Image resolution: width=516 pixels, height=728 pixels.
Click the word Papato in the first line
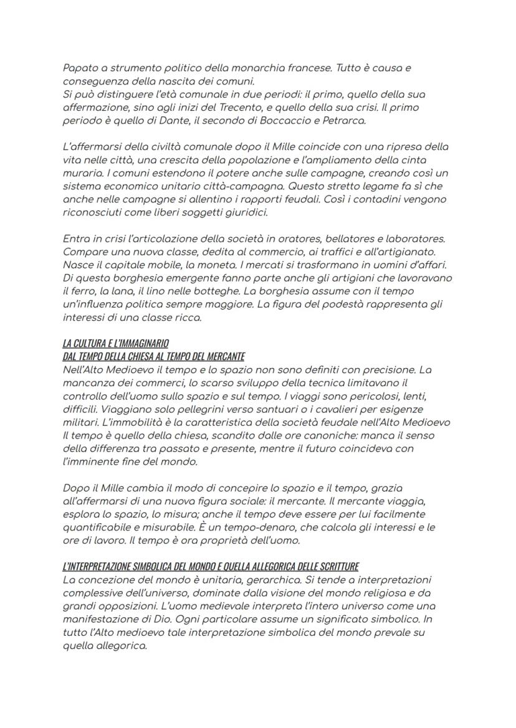[79, 67]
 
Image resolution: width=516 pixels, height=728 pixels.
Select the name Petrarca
[343, 121]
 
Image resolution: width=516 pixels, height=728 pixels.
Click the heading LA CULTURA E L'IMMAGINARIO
[115, 343]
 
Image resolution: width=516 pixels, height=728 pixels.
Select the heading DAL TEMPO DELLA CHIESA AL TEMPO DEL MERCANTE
[153, 356]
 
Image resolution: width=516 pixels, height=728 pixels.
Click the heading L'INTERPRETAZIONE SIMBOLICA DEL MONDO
[210, 566]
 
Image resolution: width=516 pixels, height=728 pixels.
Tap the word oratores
[292, 239]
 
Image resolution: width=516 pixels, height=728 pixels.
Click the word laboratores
[416, 239]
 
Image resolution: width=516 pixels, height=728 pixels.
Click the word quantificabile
[97, 527]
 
